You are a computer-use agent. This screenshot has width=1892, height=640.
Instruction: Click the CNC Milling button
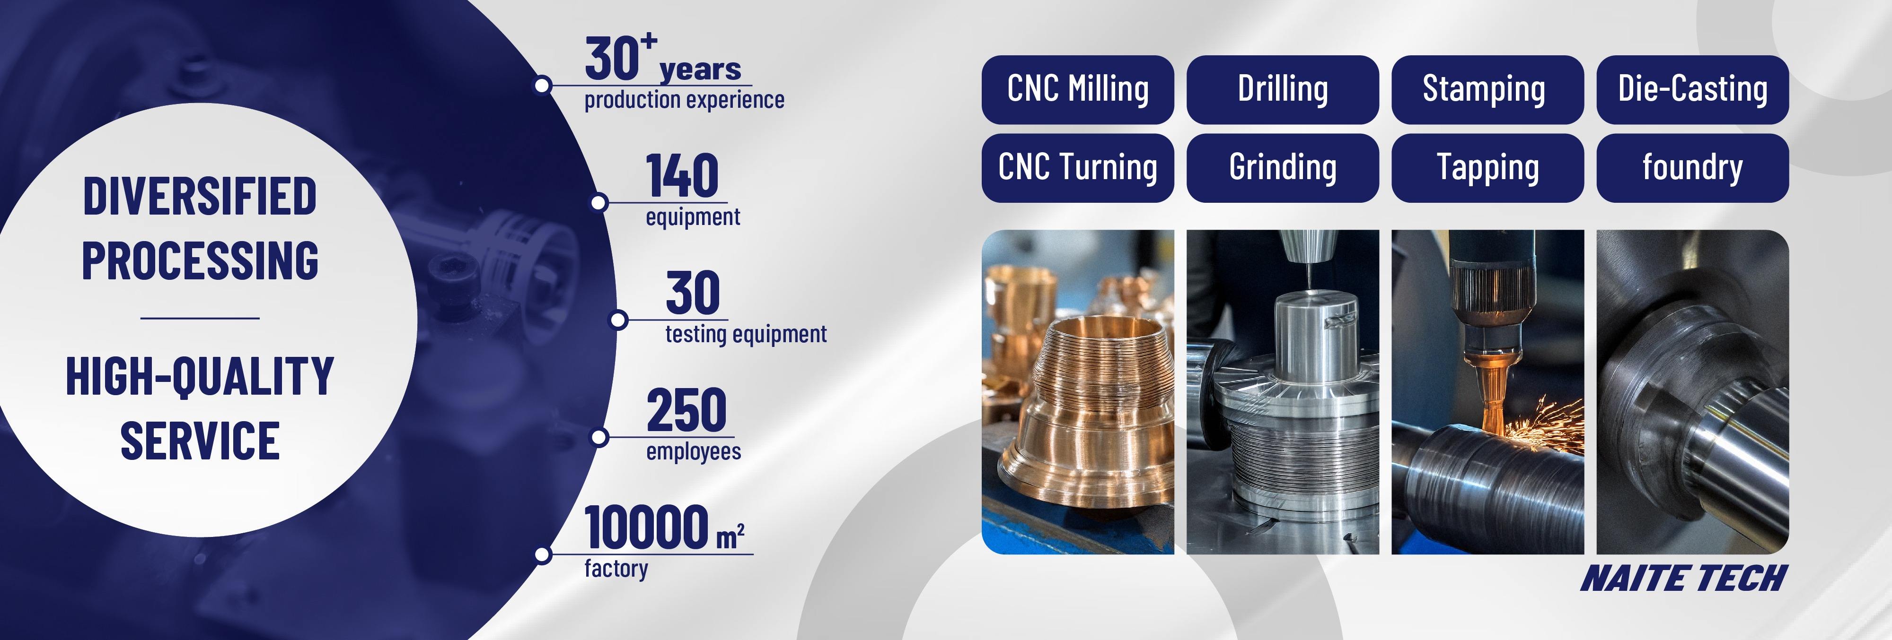pos(1077,89)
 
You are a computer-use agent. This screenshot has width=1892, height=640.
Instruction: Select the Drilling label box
pos(1283,89)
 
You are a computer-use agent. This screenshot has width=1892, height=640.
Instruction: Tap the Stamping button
pos(1487,89)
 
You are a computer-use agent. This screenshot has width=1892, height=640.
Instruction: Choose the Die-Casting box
pos(1692,89)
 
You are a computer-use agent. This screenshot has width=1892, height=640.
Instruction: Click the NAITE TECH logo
pos(1683,579)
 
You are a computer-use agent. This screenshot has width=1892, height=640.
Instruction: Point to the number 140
pos(682,176)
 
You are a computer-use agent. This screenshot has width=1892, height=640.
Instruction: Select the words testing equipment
pos(746,335)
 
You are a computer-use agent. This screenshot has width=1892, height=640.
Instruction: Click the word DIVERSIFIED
pos(200,197)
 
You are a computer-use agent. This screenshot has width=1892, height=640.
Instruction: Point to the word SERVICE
pos(200,441)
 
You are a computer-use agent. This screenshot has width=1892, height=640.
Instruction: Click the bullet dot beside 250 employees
pos(599,437)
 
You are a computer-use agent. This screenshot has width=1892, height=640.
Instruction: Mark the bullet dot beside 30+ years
pos(542,85)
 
